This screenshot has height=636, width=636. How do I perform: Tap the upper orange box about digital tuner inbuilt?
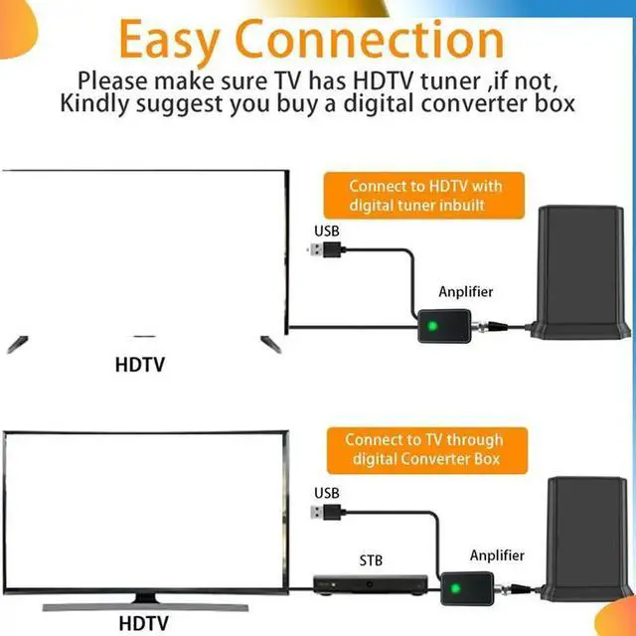[425, 196]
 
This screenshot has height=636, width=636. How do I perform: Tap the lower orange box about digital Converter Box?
[424, 449]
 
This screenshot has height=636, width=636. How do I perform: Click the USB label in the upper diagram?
[327, 232]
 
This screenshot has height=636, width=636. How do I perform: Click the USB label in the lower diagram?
[327, 493]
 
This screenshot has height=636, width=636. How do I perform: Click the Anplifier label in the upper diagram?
[466, 292]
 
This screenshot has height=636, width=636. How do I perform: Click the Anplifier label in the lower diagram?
[497, 555]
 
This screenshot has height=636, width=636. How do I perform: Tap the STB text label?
[371, 560]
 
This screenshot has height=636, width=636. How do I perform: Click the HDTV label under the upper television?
[139, 364]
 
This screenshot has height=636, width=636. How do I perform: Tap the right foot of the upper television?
[266, 342]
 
